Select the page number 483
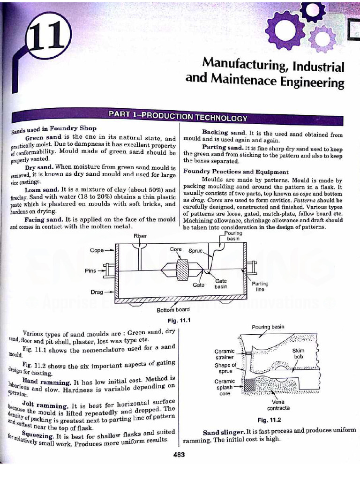click(x=179, y=454)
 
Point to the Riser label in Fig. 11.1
click(x=140, y=236)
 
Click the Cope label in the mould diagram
click(x=97, y=250)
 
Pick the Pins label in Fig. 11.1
click(x=90, y=270)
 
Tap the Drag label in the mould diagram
click(x=96, y=292)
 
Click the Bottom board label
click(x=173, y=310)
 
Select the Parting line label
click(x=260, y=286)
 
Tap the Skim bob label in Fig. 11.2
click(x=298, y=353)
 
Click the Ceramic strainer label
click(x=224, y=354)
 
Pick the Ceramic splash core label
click(x=225, y=387)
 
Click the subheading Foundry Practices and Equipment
click(x=236, y=172)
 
